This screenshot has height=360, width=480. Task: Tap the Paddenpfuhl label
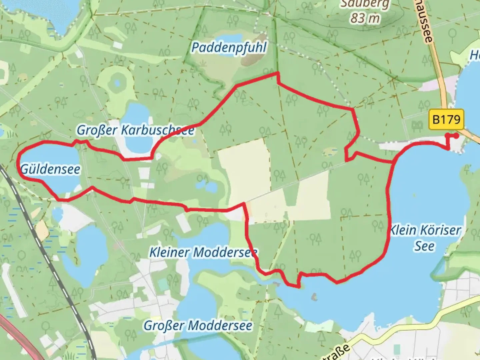coord(229,48)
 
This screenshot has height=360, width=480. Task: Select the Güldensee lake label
coord(50,169)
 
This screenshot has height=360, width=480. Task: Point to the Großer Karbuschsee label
coord(135,130)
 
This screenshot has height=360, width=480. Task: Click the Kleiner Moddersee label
coord(203,252)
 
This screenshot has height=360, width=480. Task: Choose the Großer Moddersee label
coord(198,325)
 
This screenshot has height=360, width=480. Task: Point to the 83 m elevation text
coord(365,18)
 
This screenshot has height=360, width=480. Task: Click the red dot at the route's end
coord(456,135)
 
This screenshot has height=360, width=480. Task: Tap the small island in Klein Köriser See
coord(314,296)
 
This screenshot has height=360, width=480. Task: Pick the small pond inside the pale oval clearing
coord(117,83)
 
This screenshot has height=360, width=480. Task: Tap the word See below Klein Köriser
coord(424,246)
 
